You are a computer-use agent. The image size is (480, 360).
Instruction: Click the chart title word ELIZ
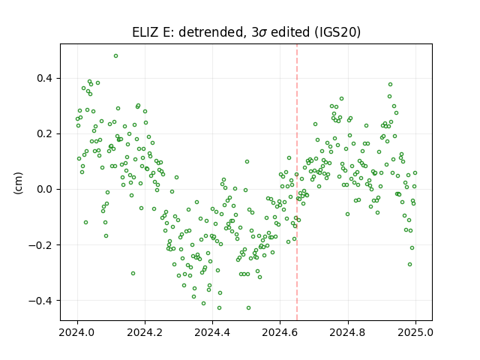[x=145, y=31]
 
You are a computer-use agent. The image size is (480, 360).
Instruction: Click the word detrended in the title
[x=211, y=31]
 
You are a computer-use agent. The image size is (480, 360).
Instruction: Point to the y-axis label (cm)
[x=18, y=183]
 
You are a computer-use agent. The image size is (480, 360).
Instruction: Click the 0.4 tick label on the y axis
[x=45, y=78]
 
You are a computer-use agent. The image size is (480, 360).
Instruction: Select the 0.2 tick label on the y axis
[x=45, y=133]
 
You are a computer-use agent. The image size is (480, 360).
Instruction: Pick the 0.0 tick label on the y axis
[x=45, y=189]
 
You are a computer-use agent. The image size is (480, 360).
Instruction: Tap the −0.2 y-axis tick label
[x=41, y=245]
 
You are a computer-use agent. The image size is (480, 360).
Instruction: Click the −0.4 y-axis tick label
[x=41, y=300]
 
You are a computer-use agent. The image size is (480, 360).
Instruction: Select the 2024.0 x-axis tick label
[x=77, y=332]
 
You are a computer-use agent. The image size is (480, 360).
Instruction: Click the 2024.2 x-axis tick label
[x=145, y=332]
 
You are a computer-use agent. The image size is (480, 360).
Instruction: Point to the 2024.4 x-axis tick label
[x=212, y=332]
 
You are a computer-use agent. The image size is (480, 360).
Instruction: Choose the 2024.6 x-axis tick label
[x=280, y=332]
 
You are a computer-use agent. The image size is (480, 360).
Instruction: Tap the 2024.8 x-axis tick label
[x=347, y=332]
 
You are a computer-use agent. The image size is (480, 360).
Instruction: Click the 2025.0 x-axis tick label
[x=415, y=332]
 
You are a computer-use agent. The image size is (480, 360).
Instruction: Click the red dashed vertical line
[x=297, y=182]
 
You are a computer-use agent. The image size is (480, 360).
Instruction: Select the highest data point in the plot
[x=115, y=55]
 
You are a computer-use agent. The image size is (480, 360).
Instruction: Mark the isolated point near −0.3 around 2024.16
[x=133, y=273]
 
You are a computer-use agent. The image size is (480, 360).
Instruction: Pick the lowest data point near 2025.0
[x=409, y=264]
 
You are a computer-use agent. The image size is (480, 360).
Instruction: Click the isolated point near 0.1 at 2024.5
[x=247, y=162]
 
